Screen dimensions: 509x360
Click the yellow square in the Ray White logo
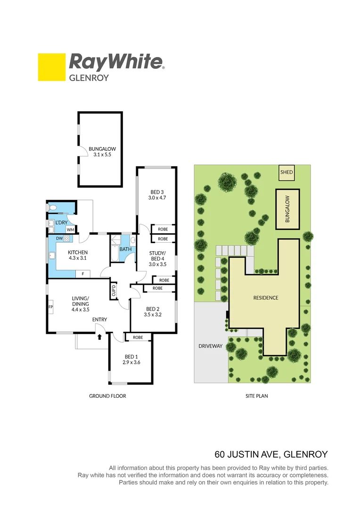(x=51, y=67)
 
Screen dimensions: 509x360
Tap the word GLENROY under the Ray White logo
(x=89, y=78)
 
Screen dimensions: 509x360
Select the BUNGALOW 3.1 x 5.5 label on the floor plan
(x=102, y=152)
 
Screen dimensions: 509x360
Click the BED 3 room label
(x=157, y=195)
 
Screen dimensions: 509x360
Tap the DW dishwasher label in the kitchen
(x=59, y=238)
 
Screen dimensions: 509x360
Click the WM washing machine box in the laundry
(x=70, y=230)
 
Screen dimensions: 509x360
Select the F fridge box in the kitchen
(x=83, y=273)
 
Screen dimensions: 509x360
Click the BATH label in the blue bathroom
(x=125, y=249)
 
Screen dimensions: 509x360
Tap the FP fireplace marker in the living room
(x=50, y=307)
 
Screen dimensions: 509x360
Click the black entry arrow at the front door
(x=99, y=337)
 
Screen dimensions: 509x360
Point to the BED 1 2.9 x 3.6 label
(x=131, y=359)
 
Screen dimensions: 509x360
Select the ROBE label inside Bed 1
(x=138, y=337)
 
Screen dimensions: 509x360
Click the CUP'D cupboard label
(x=114, y=291)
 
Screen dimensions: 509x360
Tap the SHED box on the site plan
(x=286, y=172)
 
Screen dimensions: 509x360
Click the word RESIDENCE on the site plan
(x=266, y=297)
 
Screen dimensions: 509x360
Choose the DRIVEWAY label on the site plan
(x=210, y=346)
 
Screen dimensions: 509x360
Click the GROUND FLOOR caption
(x=107, y=396)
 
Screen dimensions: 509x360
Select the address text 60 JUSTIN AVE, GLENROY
(x=271, y=455)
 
